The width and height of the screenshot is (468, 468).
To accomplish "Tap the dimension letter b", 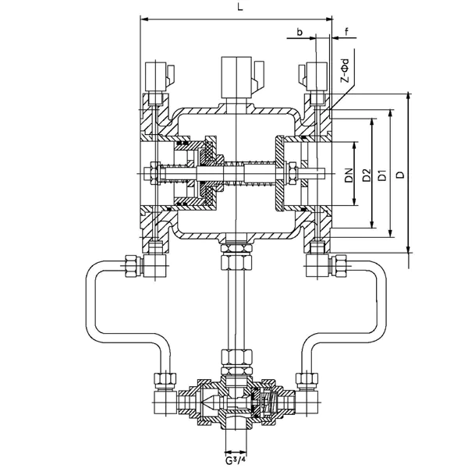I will [x=300, y=32].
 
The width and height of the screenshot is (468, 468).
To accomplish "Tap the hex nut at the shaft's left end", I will [x=152, y=172].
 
